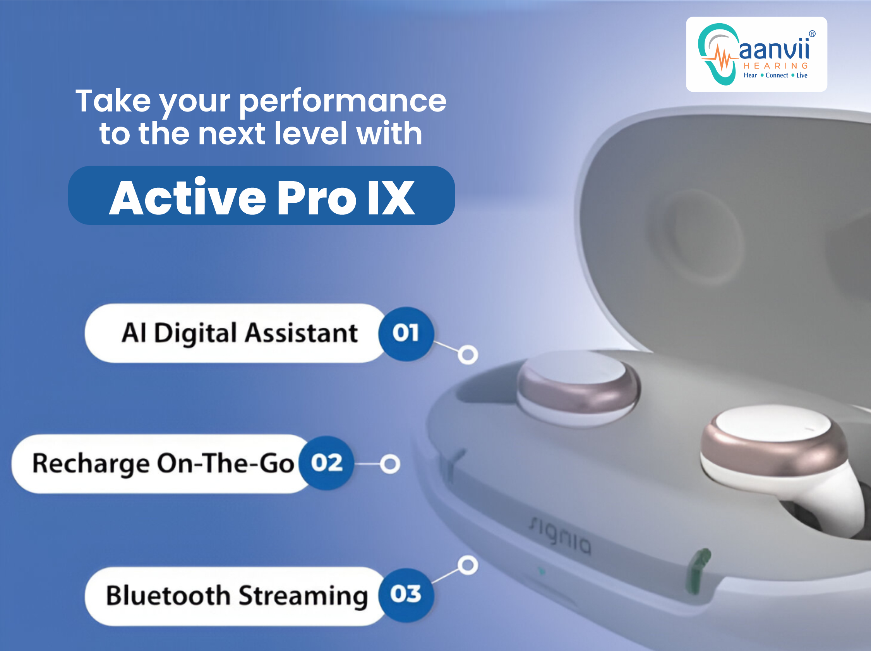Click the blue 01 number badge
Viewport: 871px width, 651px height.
406,334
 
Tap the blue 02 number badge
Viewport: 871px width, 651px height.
326,463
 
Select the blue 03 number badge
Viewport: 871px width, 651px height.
406,595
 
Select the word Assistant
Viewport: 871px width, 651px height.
302,333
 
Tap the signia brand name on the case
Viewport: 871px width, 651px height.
559,536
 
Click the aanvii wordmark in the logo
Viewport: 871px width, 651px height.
774,49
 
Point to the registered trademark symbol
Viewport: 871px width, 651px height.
812,34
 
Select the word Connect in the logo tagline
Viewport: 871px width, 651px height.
777,75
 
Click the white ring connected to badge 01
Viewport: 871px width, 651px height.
468,355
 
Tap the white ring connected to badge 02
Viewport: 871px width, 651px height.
390,464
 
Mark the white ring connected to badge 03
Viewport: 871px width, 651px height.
468,565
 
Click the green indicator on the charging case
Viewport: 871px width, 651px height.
697,570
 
